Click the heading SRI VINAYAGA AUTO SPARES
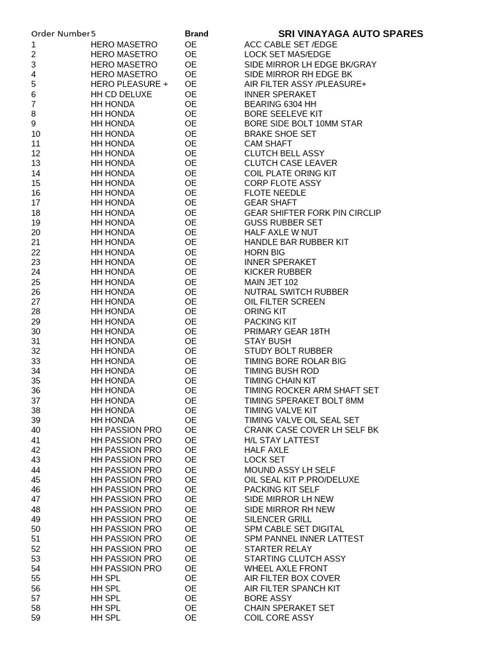350,33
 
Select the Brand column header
197,34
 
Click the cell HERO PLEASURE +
130,84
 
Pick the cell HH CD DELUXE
121,95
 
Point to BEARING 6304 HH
280,104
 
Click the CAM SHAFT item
268,144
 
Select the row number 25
36,282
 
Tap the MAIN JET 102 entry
271,282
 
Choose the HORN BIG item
265,252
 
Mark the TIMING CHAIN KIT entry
280,381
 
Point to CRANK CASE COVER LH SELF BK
311,430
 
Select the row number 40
36,430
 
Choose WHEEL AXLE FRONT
286,568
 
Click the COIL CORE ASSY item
279,618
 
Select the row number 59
36,618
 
